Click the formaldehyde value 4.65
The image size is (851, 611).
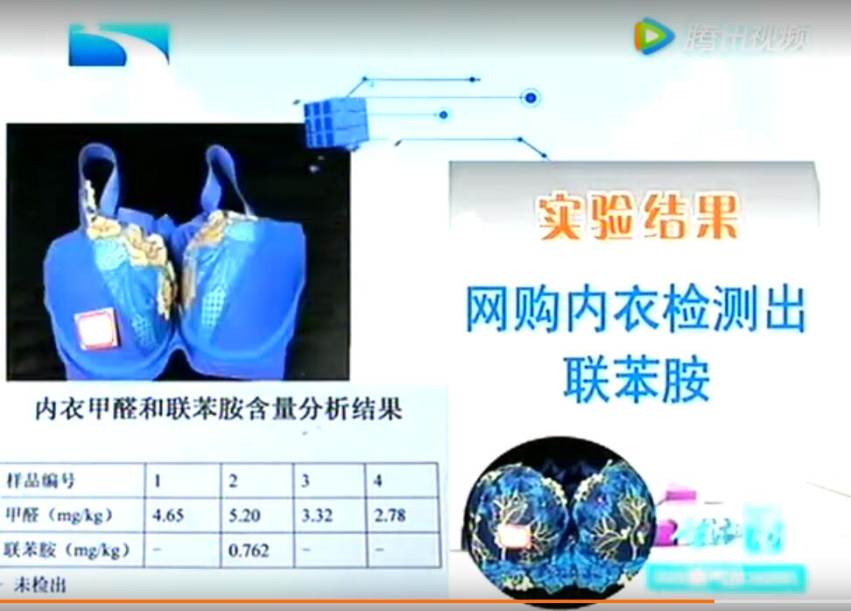pyautogui.click(x=168, y=516)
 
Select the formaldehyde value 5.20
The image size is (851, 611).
pyautogui.click(x=244, y=516)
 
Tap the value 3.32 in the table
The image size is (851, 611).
pyautogui.click(x=317, y=516)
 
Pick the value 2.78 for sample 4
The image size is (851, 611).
pyautogui.click(x=390, y=516)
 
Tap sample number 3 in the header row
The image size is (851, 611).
pyautogui.click(x=306, y=481)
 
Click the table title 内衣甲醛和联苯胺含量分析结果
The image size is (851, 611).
pyautogui.click(x=218, y=409)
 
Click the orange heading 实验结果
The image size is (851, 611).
pyautogui.click(x=638, y=216)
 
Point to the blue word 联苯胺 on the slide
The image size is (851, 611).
pyautogui.click(x=636, y=378)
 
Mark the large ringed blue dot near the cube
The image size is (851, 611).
pyautogui.click(x=529, y=97)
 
